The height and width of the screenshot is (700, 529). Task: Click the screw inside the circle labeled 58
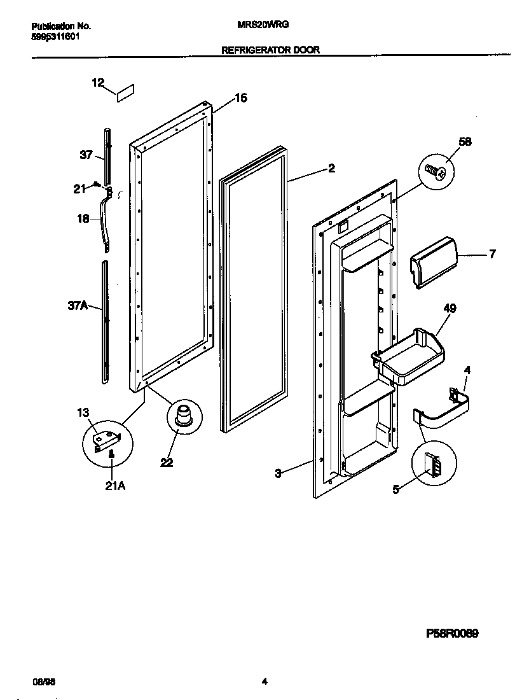436,171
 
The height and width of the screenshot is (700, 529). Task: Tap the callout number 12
97,82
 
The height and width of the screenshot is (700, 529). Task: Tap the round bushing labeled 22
183,416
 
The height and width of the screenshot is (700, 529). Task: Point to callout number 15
241,98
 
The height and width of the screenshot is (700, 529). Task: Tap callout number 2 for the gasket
331,169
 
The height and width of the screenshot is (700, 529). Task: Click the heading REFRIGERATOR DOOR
270,49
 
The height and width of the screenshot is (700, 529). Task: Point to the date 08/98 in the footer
41,681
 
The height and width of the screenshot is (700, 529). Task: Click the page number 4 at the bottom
264,681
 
